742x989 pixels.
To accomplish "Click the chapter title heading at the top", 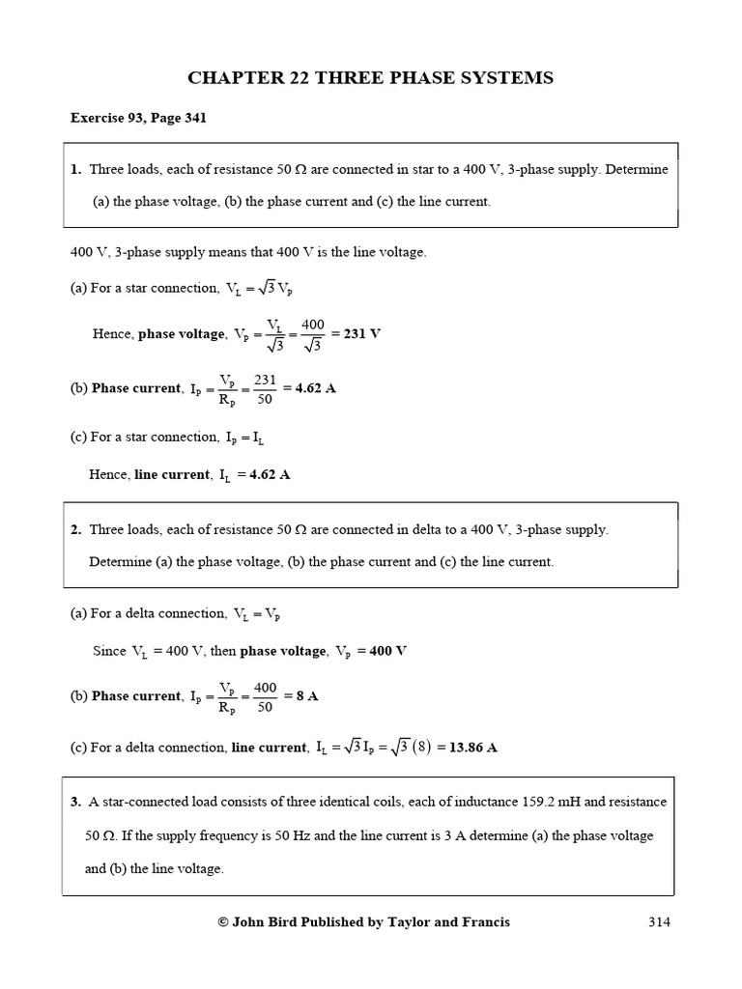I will click(371, 78).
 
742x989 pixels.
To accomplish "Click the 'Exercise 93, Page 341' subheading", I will click(138, 119).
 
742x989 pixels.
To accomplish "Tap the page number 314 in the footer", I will click(660, 921).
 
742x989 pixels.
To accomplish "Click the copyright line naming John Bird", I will click(364, 921).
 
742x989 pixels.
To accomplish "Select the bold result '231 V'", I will click(362, 334).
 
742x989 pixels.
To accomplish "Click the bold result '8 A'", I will click(307, 696).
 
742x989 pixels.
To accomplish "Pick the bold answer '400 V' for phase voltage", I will click(388, 651).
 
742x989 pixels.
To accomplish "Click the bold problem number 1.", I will click(75, 169).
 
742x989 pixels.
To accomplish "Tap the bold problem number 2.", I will click(75, 529).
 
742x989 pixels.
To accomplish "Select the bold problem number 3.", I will click(75, 802).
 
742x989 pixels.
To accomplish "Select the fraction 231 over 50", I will click(265, 388).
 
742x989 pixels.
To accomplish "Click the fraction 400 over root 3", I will click(313, 334).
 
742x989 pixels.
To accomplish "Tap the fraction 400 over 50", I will click(265, 696).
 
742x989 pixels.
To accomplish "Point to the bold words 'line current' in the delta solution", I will click(269, 748).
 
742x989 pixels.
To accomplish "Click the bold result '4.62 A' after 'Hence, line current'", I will click(270, 474).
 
